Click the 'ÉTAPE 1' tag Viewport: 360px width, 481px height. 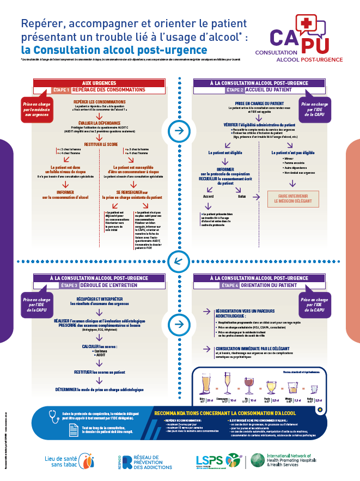click(61, 90)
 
